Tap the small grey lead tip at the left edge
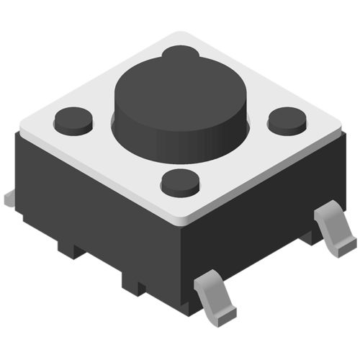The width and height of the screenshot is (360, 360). pyautogui.click(x=9, y=197)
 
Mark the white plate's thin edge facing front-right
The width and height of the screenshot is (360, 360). pyautogui.click(x=266, y=180)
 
